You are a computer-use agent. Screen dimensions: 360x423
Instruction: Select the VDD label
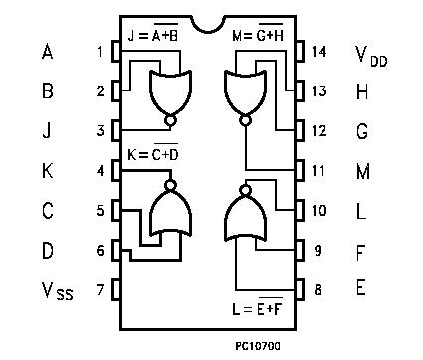[372, 55]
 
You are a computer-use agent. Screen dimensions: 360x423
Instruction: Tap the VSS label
[57, 291]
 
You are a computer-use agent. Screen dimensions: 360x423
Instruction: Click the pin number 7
[101, 289]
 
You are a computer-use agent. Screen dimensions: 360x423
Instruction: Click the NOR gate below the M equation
[246, 93]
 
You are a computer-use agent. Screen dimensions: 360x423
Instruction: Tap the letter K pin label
[47, 171]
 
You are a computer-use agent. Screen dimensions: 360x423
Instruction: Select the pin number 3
[101, 130]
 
